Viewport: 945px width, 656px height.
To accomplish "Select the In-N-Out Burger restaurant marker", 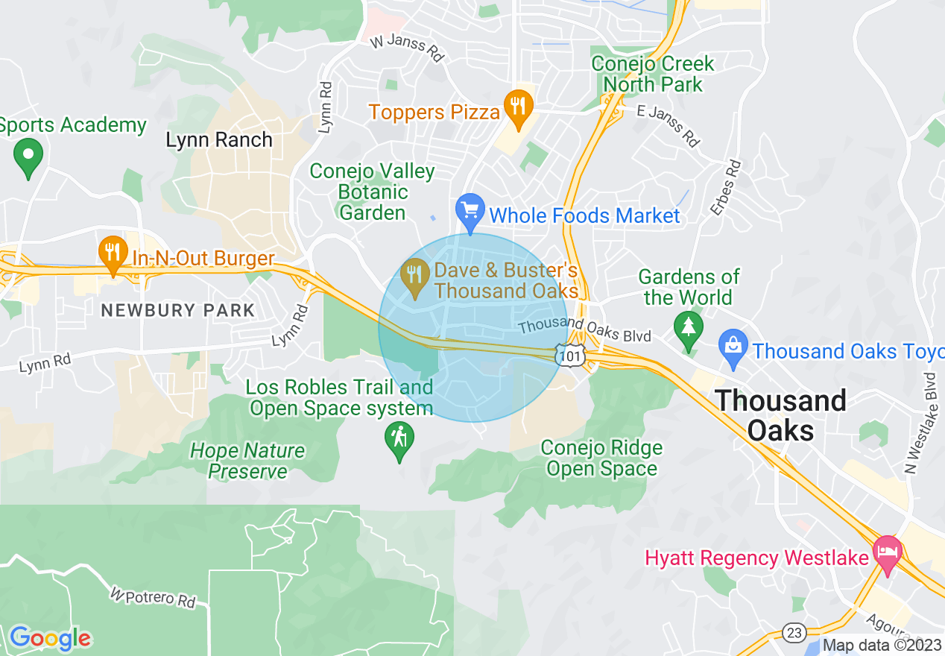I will (x=113, y=253).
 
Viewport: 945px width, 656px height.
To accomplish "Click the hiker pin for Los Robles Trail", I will (x=399, y=440).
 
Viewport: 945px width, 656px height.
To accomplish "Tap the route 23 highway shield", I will (x=794, y=633).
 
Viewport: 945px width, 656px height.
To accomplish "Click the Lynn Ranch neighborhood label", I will (x=219, y=139).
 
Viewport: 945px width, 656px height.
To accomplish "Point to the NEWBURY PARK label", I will (x=177, y=310).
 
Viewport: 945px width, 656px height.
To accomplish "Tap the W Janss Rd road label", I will (x=407, y=47).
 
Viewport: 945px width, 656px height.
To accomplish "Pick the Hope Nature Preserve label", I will (x=247, y=461).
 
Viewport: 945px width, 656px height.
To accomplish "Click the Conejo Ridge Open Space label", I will (x=601, y=458).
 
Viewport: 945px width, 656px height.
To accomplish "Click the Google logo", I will (x=50, y=638).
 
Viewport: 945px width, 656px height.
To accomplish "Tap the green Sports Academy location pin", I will (x=28, y=157).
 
